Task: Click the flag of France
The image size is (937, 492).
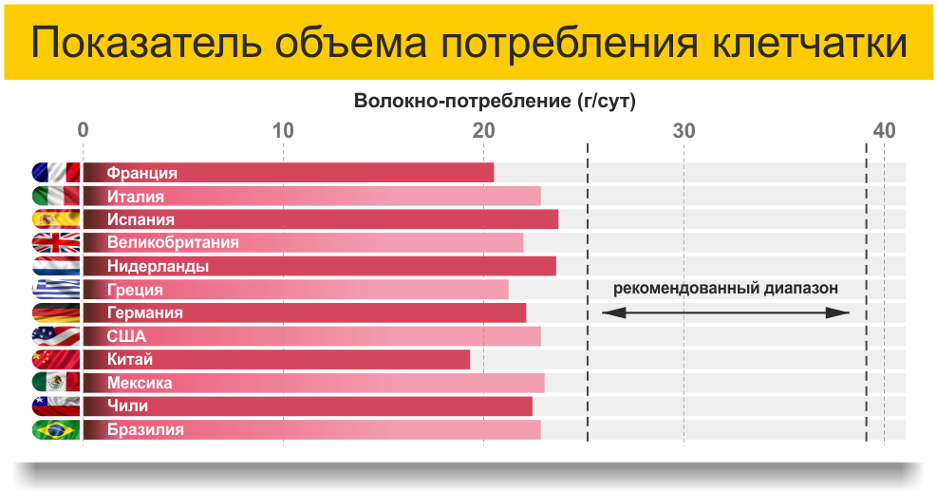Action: tap(56, 173)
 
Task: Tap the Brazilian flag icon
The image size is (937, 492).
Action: tap(56, 430)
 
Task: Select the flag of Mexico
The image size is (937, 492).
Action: tap(56, 383)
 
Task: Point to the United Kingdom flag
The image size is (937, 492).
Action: tap(56, 243)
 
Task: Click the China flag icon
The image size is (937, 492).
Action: tap(56, 359)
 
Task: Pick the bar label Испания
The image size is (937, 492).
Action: tap(141, 219)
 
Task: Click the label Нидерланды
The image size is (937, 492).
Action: tap(158, 266)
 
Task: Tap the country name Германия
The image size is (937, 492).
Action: tap(144, 312)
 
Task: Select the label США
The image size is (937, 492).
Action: tap(126, 336)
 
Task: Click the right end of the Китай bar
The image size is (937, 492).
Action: tap(470, 359)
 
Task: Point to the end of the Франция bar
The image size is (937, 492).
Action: tap(494, 173)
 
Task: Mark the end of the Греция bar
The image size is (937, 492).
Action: tap(509, 290)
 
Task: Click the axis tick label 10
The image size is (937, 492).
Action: tap(283, 130)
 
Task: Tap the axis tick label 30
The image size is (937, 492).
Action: tap(684, 130)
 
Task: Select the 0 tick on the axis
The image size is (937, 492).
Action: tap(83, 130)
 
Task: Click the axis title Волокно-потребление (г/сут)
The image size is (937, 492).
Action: tap(495, 101)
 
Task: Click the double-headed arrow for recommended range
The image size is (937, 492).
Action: tap(725, 312)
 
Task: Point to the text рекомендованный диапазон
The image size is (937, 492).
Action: tap(725, 288)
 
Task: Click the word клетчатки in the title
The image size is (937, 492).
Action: tap(810, 43)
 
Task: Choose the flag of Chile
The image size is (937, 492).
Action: tap(56, 406)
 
